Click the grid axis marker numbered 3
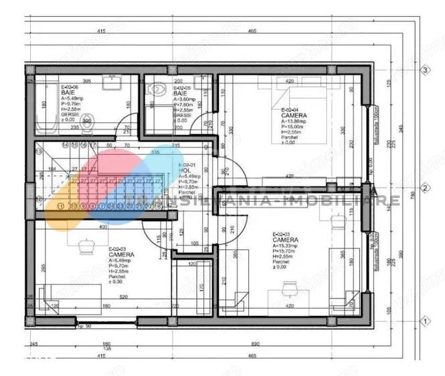tap(424, 69)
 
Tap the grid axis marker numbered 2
tap(424, 188)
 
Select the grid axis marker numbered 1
tap(424, 321)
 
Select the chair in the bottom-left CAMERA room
tap(85, 246)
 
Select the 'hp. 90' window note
tap(84, 327)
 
